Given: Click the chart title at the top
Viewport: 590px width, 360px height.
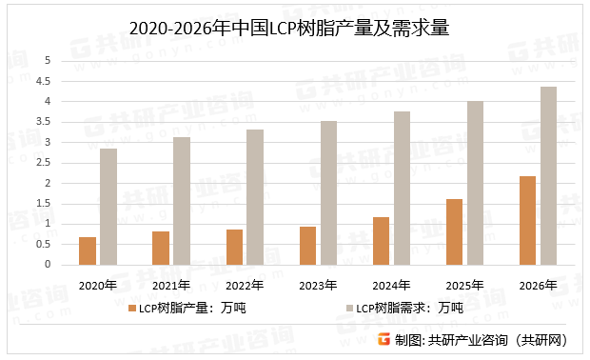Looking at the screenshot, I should (x=294, y=29).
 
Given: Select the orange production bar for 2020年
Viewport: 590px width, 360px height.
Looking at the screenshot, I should (x=88, y=250).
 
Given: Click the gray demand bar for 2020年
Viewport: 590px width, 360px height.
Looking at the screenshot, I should (x=108, y=206).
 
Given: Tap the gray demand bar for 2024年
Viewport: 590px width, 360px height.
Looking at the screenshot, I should (x=402, y=188).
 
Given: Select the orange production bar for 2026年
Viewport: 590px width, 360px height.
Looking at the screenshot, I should (x=528, y=220).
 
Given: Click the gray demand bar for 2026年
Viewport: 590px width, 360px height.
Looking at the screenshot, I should (x=549, y=175).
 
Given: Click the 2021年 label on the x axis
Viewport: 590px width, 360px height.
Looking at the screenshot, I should (x=171, y=285).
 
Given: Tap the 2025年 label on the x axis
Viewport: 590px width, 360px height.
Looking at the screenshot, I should (x=465, y=285).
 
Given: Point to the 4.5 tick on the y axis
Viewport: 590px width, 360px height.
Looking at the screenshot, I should (x=43, y=81).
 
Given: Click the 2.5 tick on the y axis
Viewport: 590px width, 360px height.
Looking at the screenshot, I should (x=43, y=163).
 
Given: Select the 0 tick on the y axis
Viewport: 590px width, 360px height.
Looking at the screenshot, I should (x=46, y=265).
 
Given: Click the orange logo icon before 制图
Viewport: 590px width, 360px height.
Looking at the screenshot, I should (x=383, y=340).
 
